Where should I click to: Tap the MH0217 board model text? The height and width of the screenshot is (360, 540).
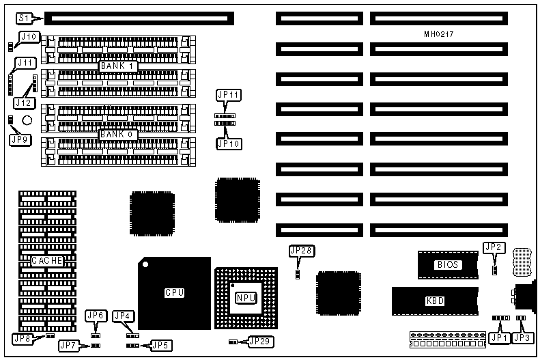pos(439,33)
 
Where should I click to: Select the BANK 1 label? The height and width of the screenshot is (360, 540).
pos(119,66)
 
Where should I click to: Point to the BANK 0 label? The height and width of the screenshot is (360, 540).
pos(119,135)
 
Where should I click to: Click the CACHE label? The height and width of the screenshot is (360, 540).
pos(48,260)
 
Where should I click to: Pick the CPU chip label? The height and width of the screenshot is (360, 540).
pos(174,292)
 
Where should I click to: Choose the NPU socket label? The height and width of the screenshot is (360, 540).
pos(245,297)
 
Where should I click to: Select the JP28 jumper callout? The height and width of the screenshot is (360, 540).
pos(301,251)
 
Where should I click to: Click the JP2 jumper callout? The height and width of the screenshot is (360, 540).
pos(494,247)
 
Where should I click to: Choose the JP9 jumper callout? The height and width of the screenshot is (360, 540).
pos(20,139)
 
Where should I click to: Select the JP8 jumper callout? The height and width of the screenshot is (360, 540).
pos(23,338)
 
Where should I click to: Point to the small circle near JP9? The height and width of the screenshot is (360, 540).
pos(27,121)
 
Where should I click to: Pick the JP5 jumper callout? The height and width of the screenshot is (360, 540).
pos(161,345)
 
